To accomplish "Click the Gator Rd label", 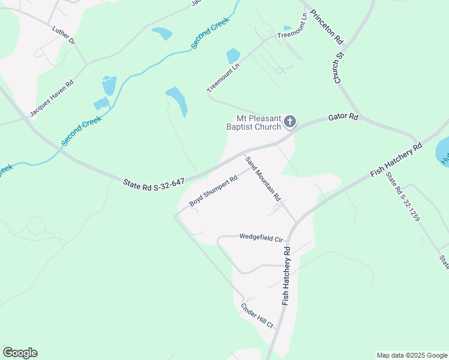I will coord(343,118).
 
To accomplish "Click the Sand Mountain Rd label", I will coord(263,178).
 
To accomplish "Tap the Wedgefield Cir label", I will coord(261,238).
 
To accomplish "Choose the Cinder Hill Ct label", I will coord(257,316).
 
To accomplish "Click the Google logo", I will coord(20,353).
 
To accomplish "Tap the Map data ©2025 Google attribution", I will coord(412,355).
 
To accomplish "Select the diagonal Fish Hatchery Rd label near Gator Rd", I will coord(396,160).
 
